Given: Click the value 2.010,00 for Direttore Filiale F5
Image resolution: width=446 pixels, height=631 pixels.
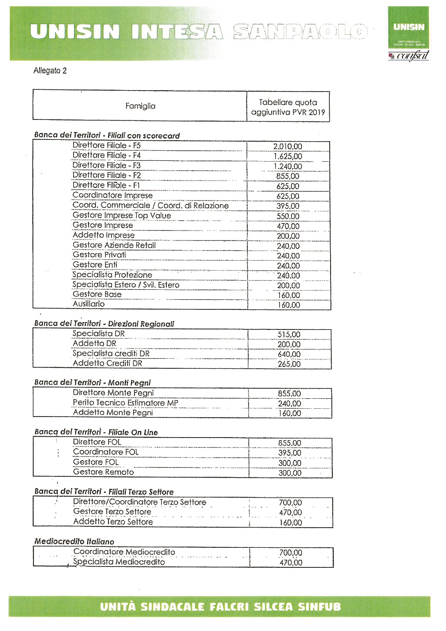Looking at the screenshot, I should click(x=287, y=146).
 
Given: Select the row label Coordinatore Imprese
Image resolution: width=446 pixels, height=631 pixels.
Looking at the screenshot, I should click(x=112, y=195).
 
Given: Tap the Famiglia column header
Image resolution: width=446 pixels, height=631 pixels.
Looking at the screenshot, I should click(x=140, y=106).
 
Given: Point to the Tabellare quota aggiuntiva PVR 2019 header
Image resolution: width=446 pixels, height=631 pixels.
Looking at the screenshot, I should click(x=288, y=107).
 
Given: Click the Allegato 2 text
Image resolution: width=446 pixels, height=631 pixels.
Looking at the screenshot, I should click(x=50, y=71).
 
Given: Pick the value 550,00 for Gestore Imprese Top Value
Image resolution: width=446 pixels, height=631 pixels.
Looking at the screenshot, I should click(x=288, y=216).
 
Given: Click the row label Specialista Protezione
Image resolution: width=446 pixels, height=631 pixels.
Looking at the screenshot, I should click(x=112, y=275).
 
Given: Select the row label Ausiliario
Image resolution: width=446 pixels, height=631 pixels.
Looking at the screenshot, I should click(x=88, y=304).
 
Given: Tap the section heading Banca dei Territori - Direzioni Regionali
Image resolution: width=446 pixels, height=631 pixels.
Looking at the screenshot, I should click(x=104, y=324).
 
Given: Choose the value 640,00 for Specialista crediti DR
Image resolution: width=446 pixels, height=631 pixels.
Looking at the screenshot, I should click(x=289, y=354).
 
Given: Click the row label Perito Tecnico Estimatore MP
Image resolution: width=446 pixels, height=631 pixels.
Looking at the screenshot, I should click(x=125, y=403).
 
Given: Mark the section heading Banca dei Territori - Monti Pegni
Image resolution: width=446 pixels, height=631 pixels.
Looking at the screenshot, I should click(x=92, y=383).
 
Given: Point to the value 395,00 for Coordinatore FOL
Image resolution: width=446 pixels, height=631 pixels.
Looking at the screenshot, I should click(x=290, y=453).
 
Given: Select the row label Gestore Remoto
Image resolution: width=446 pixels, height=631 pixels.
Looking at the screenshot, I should click(x=103, y=472).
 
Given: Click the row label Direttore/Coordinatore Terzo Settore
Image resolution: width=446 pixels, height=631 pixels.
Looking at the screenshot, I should click(x=139, y=502).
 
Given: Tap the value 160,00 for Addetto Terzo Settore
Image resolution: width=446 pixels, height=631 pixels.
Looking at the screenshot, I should click(x=291, y=522).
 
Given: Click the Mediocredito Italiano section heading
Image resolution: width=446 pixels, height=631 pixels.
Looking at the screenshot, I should click(x=74, y=542).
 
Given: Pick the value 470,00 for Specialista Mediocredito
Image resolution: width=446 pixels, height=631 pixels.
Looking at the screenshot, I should click(x=291, y=563).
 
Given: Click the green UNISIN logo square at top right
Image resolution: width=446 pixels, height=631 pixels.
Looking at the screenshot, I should click(x=409, y=27).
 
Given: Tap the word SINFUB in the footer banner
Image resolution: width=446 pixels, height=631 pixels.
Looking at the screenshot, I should click(x=319, y=607).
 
